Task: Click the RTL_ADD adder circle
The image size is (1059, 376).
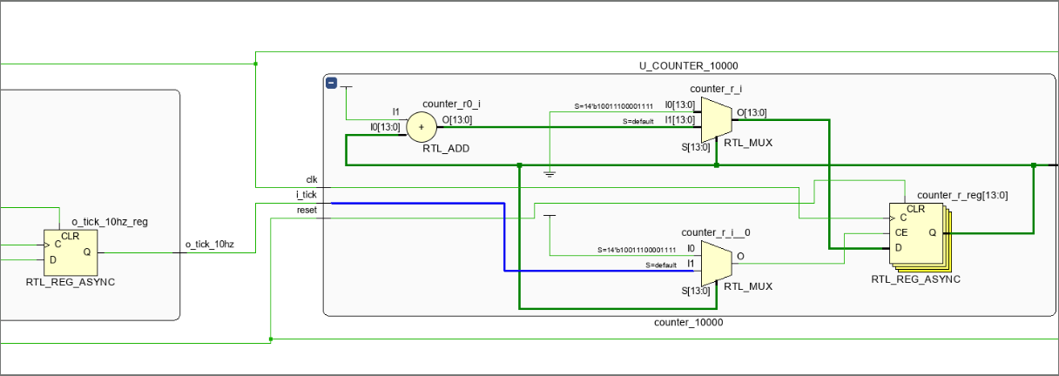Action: click(x=422, y=127)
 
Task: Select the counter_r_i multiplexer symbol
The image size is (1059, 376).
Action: click(x=716, y=120)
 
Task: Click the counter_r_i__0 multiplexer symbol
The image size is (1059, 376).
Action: click(x=716, y=264)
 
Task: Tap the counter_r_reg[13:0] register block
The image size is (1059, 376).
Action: click(x=920, y=235)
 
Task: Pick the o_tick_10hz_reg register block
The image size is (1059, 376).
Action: click(x=71, y=252)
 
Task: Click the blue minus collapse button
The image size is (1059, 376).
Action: click(x=332, y=84)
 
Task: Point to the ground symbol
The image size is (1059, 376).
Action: click(x=549, y=174)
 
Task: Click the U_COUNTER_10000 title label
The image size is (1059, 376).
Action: click(x=688, y=65)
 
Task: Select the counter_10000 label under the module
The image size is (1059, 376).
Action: click(x=688, y=322)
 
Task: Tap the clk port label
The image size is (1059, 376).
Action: click(x=312, y=179)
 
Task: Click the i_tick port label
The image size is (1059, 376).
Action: click(x=307, y=195)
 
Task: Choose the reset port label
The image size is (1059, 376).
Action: click(x=307, y=210)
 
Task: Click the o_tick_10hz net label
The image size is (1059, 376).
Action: click(x=209, y=245)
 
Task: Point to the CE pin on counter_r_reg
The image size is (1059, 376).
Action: click(x=901, y=232)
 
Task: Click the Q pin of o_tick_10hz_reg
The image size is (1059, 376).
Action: click(x=87, y=252)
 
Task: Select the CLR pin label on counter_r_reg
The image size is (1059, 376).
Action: click(x=916, y=209)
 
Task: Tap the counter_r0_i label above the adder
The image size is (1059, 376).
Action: click(x=451, y=104)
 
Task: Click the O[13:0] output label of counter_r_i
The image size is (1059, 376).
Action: click(x=752, y=112)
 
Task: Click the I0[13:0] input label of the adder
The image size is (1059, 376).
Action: click(x=385, y=127)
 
